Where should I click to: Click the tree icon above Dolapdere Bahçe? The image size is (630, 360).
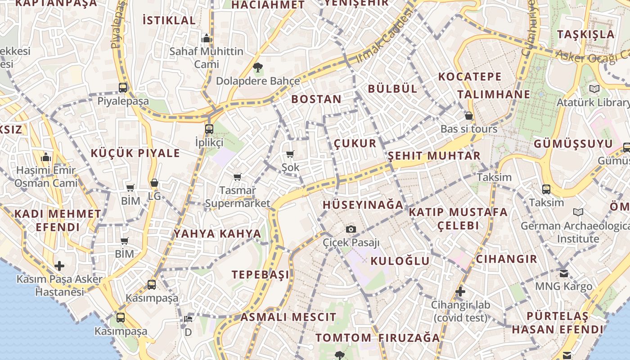point(258,68)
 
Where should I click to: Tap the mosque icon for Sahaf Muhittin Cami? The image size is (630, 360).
point(207,38)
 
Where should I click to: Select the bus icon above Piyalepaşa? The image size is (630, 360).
point(123,87)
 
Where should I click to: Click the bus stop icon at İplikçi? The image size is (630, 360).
point(209,129)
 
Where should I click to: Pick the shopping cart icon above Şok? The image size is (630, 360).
point(290,154)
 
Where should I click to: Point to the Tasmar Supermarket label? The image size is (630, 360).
point(238,197)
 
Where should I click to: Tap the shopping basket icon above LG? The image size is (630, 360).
point(154,183)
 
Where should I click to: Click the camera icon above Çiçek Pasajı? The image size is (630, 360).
point(351,229)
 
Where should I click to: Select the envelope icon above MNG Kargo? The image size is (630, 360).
point(564,273)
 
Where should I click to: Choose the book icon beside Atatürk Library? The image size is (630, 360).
point(594,89)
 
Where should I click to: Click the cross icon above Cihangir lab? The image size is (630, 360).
point(460,292)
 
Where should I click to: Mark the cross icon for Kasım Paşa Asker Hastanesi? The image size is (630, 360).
point(59,265)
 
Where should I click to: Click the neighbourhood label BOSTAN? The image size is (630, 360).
point(316,99)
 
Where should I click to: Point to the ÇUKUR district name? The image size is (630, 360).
point(355,144)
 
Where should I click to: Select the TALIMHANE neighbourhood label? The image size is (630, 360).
point(494,94)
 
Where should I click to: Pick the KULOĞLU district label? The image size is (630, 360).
point(400,261)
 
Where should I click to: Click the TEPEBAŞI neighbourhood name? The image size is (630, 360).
point(260,274)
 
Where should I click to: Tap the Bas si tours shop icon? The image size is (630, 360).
point(469,116)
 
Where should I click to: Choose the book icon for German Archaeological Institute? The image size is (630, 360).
point(578,212)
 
